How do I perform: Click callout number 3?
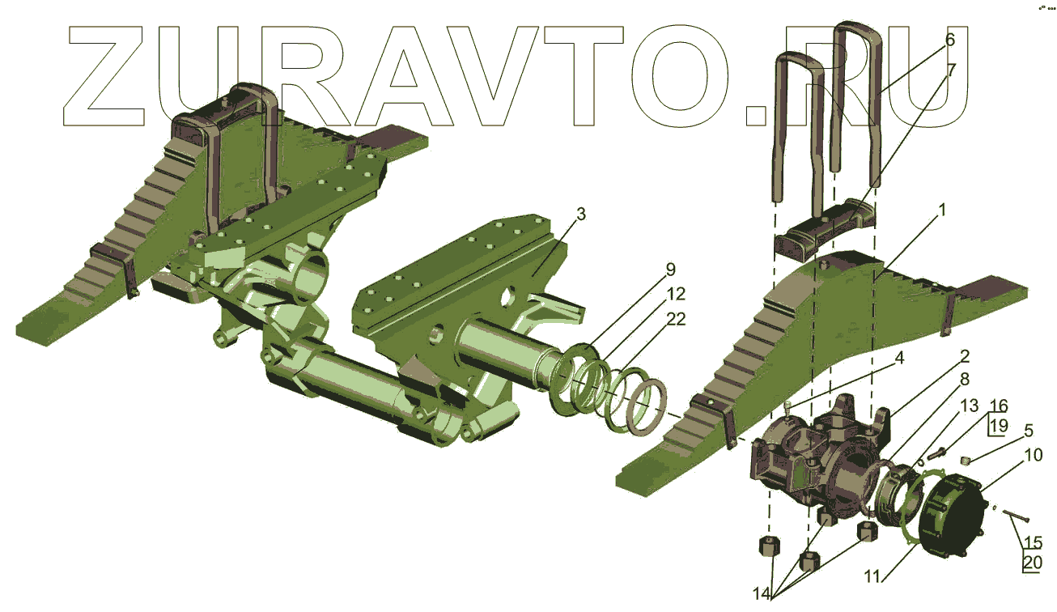(x=581, y=215)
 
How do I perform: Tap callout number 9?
(x=670, y=270)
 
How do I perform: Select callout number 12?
(x=676, y=295)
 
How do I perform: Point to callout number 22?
(x=676, y=320)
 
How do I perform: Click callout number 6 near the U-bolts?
(x=950, y=40)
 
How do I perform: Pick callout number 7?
(x=951, y=70)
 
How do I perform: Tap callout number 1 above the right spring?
(x=942, y=210)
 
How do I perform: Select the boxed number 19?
(x=999, y=426)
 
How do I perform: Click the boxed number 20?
(x=1033, y=563)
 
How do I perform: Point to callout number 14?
(x=762, y=593)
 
